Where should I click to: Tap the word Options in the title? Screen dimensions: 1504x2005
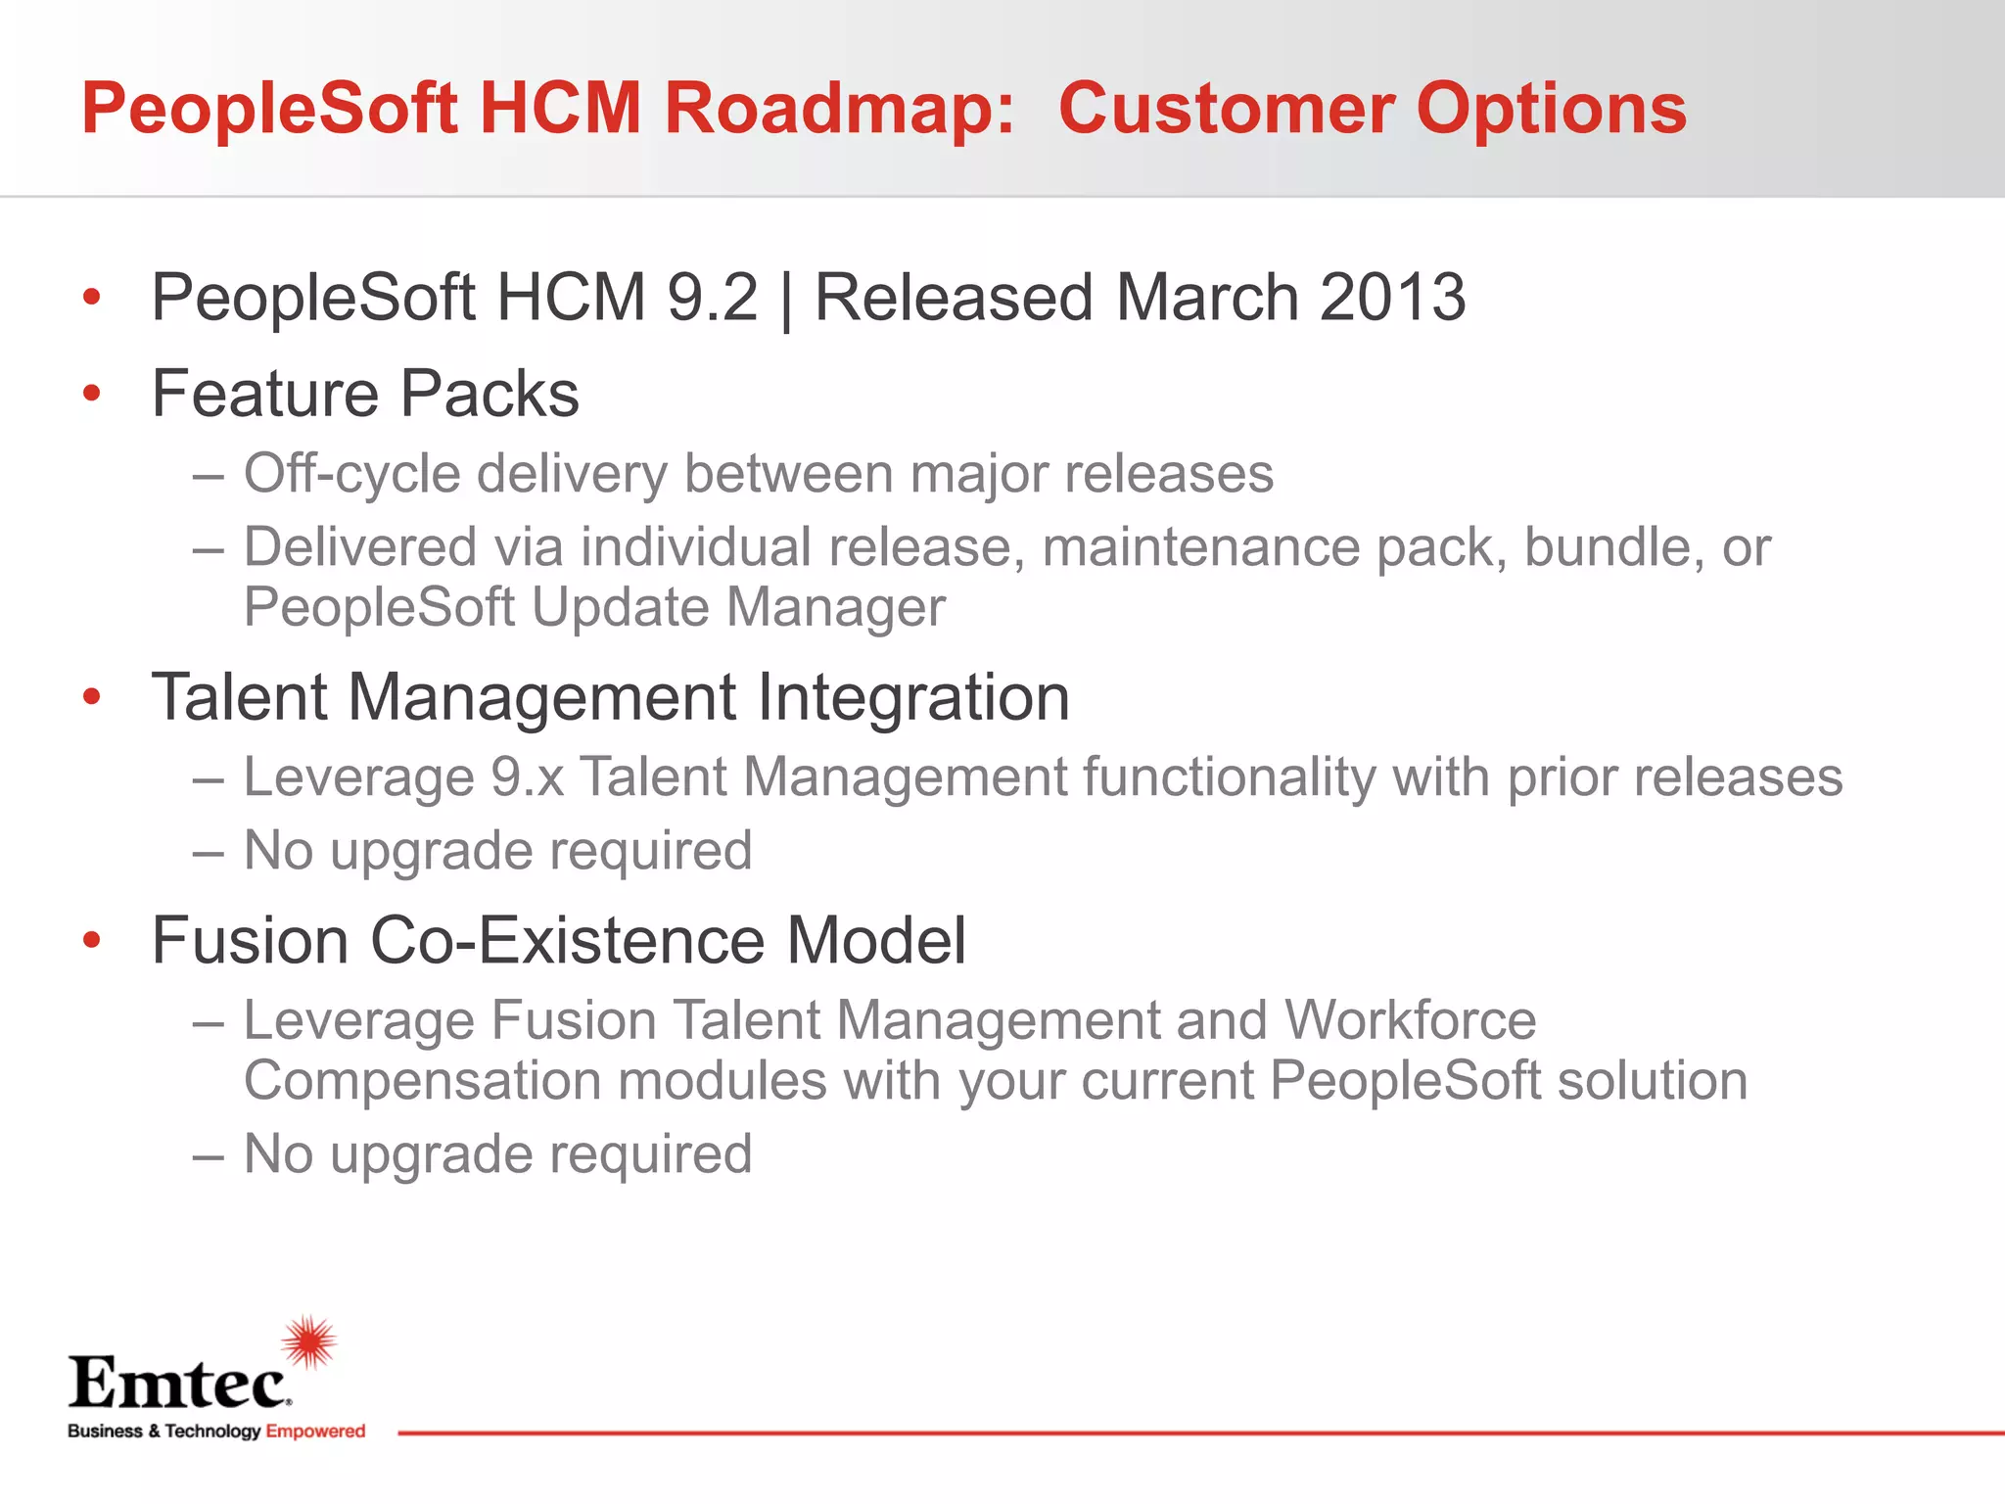coord(1552,110)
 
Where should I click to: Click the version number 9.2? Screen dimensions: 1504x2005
coord(712,297)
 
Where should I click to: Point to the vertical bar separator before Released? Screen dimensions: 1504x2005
coord(786,299)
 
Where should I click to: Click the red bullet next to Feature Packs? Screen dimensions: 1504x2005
coord(92,394)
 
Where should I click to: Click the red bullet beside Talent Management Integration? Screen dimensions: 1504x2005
coord(92,697)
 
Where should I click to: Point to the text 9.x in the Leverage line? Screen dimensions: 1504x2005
coord(527,777)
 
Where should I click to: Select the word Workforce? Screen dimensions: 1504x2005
coord(1410,1020)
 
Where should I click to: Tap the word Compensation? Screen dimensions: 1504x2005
coord(421,1081)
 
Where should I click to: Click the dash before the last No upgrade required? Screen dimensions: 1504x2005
coord(209,1156)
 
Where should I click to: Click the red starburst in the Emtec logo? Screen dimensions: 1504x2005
coord(309,1341)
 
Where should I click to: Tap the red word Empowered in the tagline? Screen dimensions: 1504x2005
coord(315,1432)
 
